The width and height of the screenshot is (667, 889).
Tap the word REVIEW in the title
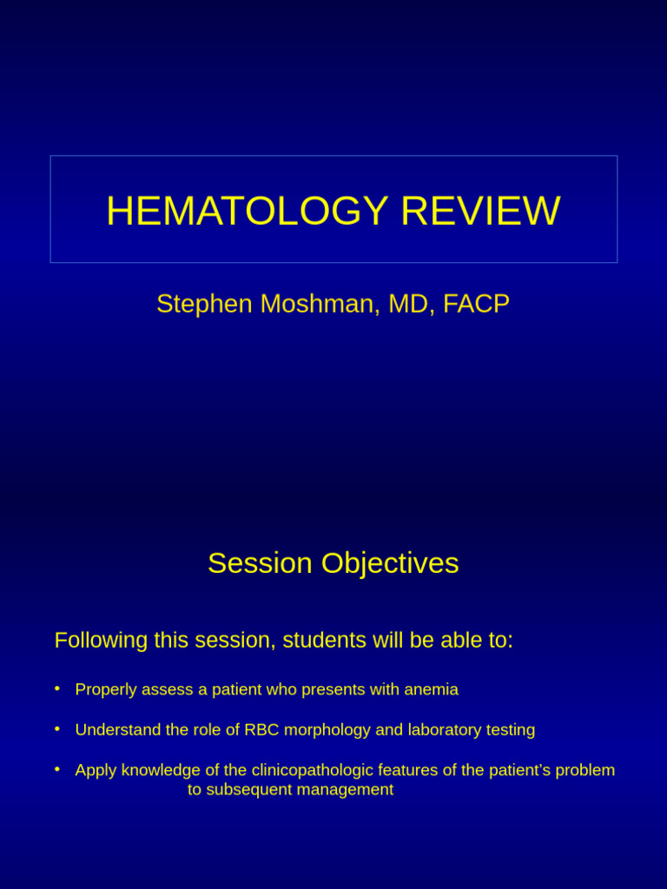pos(479,211)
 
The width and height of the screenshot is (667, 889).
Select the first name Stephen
pos(204,304)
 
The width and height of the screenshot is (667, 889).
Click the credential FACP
pos(476,304)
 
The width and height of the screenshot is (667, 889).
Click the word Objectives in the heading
pos(390,563)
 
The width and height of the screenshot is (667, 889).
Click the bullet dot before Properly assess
pos(57,688)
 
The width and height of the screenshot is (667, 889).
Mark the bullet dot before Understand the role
pos(57,729)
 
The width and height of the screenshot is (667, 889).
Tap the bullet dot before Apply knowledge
pos(57,769)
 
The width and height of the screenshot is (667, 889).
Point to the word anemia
pos(431,689)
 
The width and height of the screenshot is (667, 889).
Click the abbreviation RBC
pos(261,730)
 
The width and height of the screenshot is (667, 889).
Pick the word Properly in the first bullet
pos(106,689)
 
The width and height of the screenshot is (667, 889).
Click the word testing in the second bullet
pos(511,730)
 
